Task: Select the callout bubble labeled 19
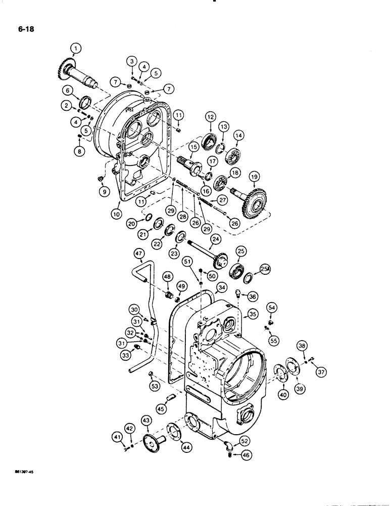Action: [x=254, y=177]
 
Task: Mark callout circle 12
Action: [x=209, y=116]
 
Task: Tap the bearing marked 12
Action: [x=209, y=140]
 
